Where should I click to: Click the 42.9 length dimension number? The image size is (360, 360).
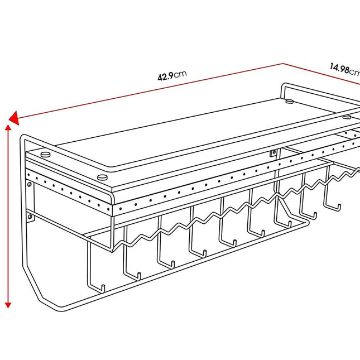tap(166, 76)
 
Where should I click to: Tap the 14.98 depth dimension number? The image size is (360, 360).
tap(340, 68)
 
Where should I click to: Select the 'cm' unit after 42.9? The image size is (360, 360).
tap(180, 74)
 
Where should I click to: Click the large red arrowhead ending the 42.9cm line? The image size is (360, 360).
tap(14, 118)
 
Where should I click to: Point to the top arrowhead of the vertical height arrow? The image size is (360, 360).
tap(8, 128)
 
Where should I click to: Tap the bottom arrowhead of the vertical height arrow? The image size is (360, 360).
tap(8, 305)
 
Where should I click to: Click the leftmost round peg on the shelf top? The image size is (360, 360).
tap(45, 154)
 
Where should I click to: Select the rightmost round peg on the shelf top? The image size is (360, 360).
tap(347, 117)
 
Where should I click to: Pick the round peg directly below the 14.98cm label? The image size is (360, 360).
tap(290, 101)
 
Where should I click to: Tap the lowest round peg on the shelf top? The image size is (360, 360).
tap(102, 177)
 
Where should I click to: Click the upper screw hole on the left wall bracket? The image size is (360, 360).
tap(30, 184)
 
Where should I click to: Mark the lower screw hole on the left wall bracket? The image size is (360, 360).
tap(30, 217)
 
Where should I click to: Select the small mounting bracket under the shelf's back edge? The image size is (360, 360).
tap(273, 153)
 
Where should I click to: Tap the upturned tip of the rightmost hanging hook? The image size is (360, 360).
tap(339, 206)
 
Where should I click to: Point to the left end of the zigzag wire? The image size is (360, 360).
tap(112, 251)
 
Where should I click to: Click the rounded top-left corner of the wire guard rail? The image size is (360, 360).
tap(23, 138)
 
